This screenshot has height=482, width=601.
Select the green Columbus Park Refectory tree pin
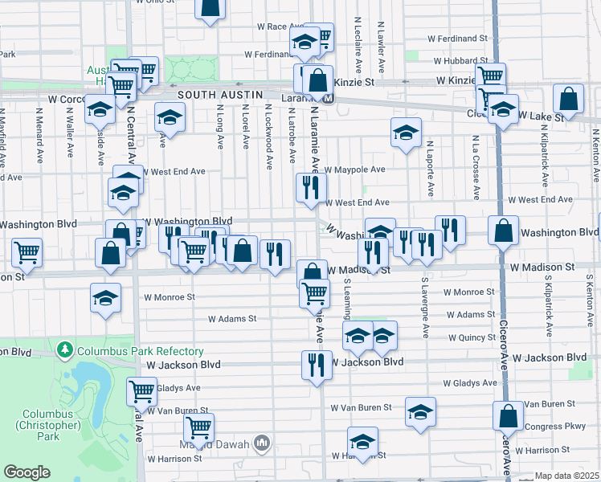[x=64, y=350]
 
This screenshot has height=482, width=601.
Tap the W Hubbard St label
[x=461, y=60]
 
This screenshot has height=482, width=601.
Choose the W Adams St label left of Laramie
[x=231, y=319]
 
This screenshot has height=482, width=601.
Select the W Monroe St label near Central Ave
[x=170, y=296]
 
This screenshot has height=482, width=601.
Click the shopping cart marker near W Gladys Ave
[x=141, y=391]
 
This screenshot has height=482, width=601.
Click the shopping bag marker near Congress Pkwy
[x=508, y=416]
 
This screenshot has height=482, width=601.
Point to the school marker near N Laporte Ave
[x=407, y=132]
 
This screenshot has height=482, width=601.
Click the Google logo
[x=27, y=472]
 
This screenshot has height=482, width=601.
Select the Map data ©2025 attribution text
[x=567, y=476]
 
